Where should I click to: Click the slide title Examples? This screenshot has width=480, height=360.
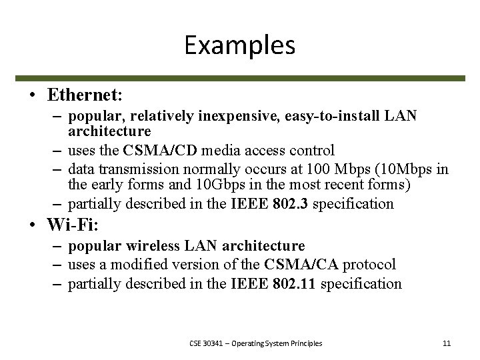(239, 45)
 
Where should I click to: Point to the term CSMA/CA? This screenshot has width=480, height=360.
(291, 265)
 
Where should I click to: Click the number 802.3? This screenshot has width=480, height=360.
(291, 203)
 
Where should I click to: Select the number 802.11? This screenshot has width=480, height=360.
(294, 284)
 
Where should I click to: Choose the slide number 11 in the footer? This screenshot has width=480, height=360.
(447, 343)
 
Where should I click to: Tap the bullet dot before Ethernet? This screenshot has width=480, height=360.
(31, 95)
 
